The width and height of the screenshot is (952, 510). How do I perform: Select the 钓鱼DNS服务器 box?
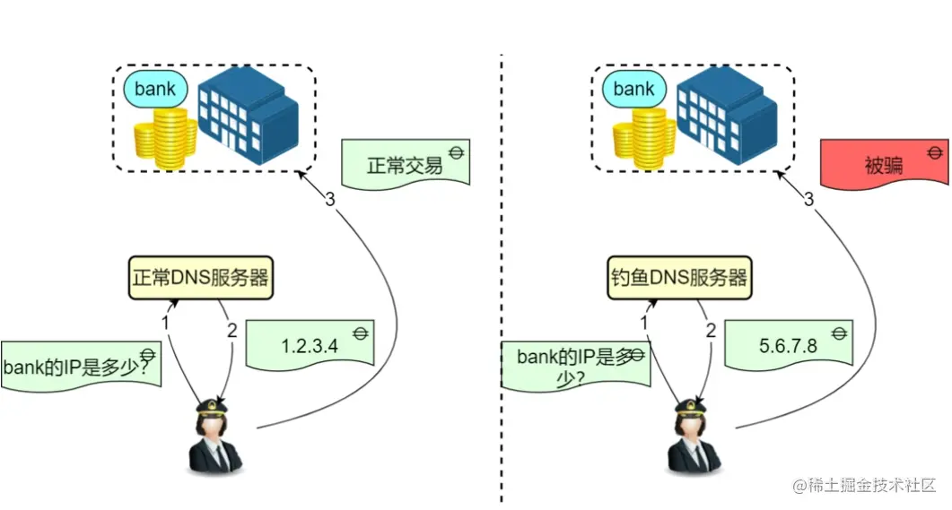[678, 278]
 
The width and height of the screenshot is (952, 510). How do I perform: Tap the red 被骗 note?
[884, 167]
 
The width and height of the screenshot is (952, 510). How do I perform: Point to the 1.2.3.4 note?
[310, 346]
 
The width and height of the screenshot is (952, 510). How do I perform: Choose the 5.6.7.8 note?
[789, 344]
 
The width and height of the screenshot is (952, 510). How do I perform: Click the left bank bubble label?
[155, 90]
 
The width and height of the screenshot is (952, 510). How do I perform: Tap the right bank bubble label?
[633, 89]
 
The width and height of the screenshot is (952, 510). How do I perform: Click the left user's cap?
[215, 408]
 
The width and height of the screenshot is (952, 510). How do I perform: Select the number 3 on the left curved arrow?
[330, 200]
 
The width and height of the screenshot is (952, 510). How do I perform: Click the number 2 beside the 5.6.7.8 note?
[711, 331]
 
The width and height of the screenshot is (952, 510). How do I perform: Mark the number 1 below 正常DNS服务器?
[165, 322]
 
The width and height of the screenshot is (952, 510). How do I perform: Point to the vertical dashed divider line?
[501, 269]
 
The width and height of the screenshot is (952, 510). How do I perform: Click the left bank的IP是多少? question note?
[81, 366]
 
